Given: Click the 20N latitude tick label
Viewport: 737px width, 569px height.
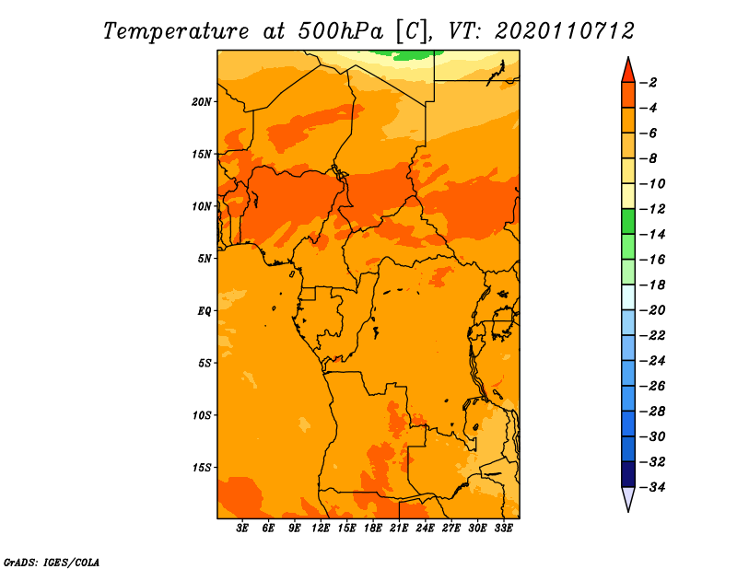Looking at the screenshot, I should point(203,101).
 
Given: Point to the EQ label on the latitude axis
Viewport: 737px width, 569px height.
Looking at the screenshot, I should point(205,310).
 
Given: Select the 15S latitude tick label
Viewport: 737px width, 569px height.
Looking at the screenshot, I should point(203,468).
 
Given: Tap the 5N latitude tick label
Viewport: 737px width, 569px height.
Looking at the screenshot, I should point(205,259).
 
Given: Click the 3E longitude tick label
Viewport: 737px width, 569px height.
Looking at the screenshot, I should point(243,528).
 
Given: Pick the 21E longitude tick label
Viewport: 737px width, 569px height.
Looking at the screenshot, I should point(399,528).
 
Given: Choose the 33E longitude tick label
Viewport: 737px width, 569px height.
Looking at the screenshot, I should point(503,528).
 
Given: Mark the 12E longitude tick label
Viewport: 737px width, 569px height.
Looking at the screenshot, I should point(321,528).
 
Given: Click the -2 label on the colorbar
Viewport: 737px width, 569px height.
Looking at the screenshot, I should point(650,83).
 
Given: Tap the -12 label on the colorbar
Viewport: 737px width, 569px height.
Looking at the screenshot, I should point(653,209).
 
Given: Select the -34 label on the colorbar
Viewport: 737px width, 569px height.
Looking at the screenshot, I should point(653,487).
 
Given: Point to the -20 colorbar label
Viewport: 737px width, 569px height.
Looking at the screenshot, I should point(653,310).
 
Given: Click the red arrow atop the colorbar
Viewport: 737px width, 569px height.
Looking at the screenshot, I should point(627,69).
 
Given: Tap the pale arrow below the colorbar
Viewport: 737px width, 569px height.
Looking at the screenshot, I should point(627,499).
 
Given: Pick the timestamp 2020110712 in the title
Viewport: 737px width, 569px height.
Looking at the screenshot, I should point(565,30).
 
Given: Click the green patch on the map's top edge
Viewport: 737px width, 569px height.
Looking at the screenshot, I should point(414,54).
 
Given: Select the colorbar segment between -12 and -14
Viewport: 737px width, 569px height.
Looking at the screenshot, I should point(627,221).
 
